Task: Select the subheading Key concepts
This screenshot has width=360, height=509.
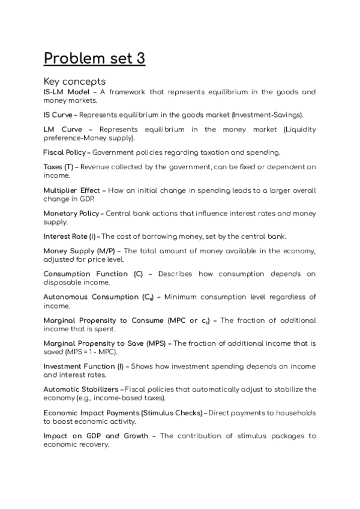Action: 74,81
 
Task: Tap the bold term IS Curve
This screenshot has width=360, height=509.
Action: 58,114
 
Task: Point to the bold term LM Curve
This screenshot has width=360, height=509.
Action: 61,129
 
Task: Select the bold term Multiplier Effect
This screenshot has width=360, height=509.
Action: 72,190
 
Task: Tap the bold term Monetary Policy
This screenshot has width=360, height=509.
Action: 71,213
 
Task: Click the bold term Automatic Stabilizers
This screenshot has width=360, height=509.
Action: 82,390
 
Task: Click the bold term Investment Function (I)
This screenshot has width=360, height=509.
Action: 83,366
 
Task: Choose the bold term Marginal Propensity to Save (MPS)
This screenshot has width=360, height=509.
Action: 104,343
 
